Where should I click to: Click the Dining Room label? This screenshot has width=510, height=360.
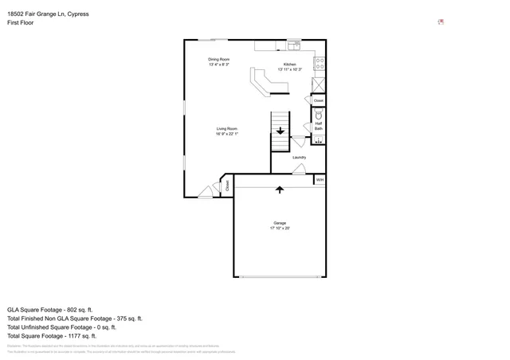(219, 59)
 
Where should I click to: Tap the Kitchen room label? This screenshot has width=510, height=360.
(290, 64)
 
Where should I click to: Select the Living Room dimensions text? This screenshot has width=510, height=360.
(227, 134)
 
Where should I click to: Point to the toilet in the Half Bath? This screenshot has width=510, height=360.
(319, 116)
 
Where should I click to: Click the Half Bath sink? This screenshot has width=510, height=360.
(318, 141)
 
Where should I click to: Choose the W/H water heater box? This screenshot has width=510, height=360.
(320, 180)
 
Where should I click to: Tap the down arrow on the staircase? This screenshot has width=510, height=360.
(280, 131)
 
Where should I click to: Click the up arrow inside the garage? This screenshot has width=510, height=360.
(280, 190)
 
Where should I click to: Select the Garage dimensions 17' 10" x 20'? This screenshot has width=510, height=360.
(280, 229)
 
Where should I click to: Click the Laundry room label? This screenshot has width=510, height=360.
(299, 157)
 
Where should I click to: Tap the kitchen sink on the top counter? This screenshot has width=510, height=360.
(292, 45)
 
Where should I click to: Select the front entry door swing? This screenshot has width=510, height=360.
(206, 190)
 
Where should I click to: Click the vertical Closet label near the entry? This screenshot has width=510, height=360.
(227, 185)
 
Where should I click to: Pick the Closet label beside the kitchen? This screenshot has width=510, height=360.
(319, 101)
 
